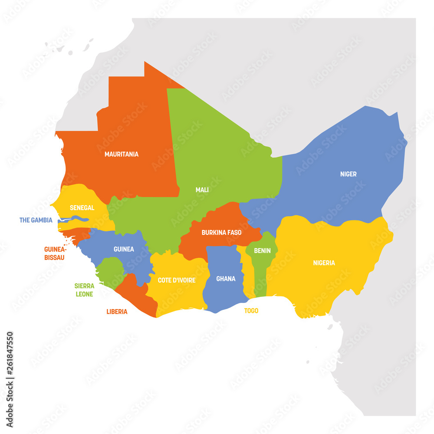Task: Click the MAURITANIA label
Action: tap(122, 154)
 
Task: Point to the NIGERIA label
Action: tap(324, 263)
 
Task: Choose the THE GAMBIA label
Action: tap(36, 220)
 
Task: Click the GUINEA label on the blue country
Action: tap(124, 249)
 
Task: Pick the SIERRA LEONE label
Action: tap(84, 289)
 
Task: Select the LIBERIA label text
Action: tap(117, 312)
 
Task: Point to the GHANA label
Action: tap(226, 279)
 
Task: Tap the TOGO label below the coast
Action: tap(251, 311)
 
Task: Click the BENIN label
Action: tap(262, 250)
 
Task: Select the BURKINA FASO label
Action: tap(221, 233)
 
